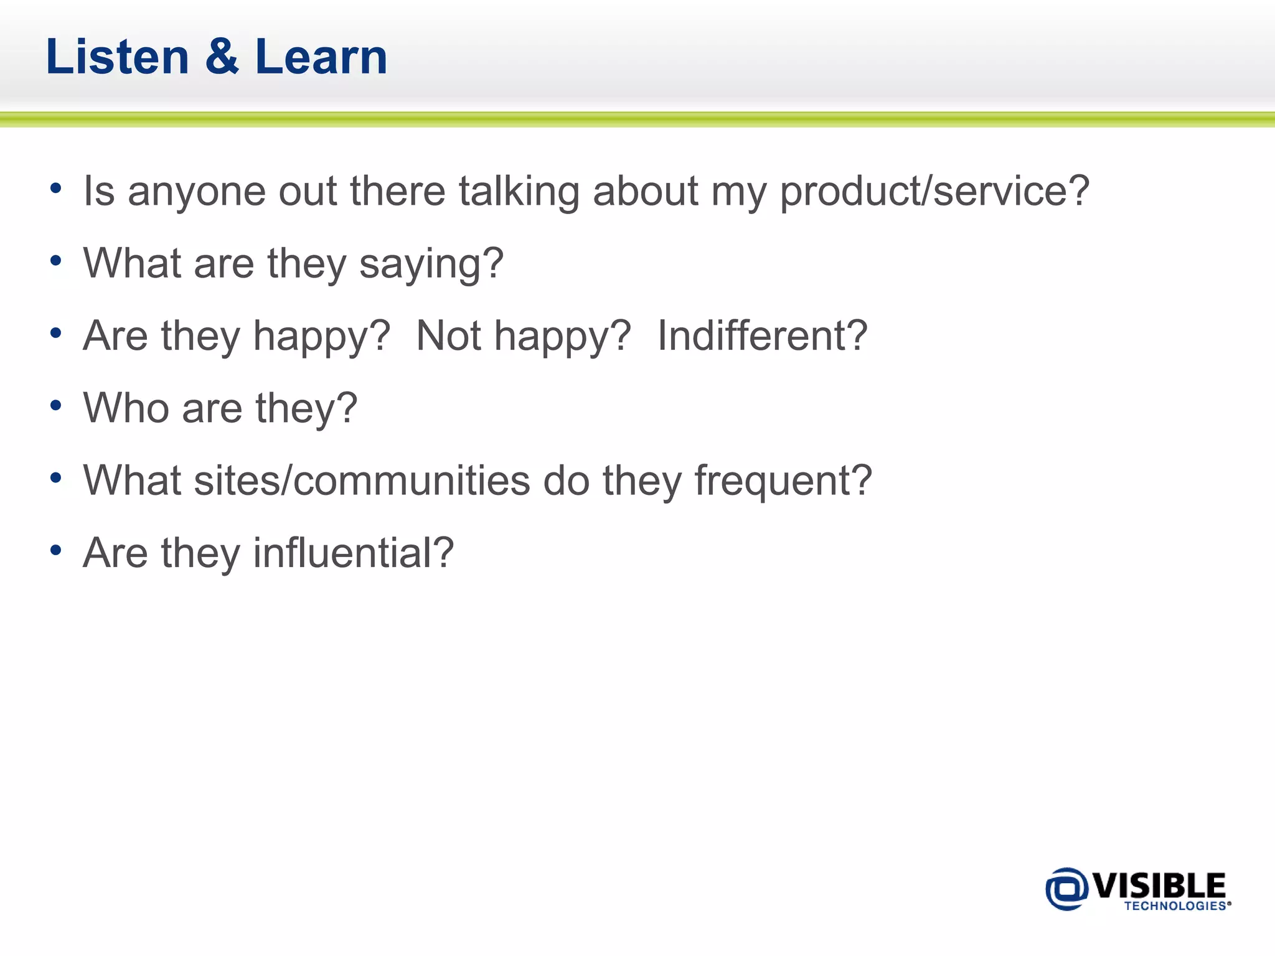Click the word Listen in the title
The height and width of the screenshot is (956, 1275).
click(x=117, y=57)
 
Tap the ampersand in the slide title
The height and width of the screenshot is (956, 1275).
click(x=222, y=57)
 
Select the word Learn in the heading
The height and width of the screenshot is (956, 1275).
click(x=321, y=57)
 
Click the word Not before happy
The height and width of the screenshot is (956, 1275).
click(x=448, y=336)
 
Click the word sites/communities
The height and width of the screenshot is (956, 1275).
click(x=361, y=480)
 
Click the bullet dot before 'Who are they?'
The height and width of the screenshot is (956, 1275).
click(x=56, y=406)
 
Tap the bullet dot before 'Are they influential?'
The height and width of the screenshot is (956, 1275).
click(x=56, y=550)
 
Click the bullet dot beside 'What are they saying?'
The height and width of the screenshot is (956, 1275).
click(x=56, y=261)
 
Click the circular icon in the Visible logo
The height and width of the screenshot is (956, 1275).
click(x=1066, y=889)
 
